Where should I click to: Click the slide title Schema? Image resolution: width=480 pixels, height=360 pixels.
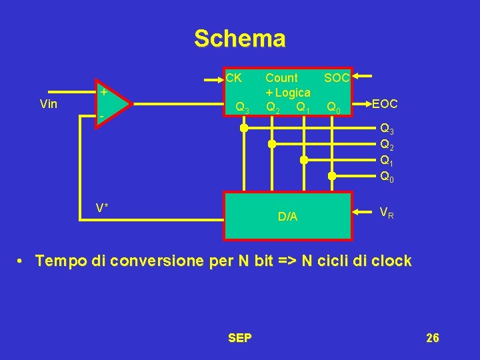tap(239, 39)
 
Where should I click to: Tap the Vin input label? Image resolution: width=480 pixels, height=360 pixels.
tap(49, 104)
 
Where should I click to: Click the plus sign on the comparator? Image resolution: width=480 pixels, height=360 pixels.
tap(103, 93)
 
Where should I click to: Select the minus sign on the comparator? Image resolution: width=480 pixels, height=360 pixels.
tap(101, 117)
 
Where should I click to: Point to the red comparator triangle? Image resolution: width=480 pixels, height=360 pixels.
tap(111, 105)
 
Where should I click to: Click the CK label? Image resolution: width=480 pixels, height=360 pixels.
tap(233, 77)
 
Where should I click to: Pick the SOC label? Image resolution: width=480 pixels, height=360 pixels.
tap(337, 78)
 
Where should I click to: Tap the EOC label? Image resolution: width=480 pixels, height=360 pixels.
tap(385, 104)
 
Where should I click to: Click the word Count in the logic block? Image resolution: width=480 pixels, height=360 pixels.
tap(281, 78)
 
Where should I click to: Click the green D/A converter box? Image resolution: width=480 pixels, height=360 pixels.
tap(288, 216)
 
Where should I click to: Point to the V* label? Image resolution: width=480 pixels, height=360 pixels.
tap(102, 207)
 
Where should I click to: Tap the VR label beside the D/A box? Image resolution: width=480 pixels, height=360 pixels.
tap(386, 213)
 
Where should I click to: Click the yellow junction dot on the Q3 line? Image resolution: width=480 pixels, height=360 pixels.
tap(244, 128)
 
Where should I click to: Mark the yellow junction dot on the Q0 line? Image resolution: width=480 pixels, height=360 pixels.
tap(331, 176)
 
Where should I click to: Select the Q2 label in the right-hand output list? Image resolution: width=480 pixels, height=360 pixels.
tap(387, 145)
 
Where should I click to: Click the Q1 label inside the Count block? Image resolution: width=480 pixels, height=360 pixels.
tap(303, 107)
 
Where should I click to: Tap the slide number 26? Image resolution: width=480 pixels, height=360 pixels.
tap(432, 338)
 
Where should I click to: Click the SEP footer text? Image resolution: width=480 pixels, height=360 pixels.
tap(239, 338)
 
